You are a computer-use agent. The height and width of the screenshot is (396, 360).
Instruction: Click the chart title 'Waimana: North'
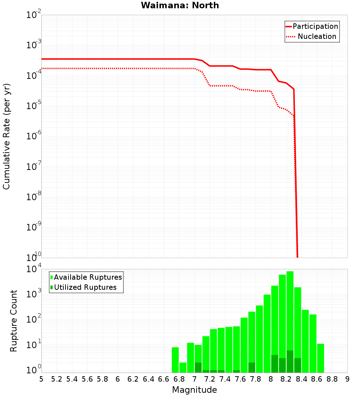click(180, 5)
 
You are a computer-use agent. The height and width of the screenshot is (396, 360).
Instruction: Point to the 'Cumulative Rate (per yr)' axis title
click(6, 136)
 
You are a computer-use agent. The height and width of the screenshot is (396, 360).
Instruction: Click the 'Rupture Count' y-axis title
click(14, 320)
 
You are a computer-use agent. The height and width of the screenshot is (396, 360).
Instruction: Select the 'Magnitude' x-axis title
click(194, 390)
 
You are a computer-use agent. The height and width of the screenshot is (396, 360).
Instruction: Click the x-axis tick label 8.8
click(332, 379)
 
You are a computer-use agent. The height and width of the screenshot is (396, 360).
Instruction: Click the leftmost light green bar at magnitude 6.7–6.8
click(175, 360)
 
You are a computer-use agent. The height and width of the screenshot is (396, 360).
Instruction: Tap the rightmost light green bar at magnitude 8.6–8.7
click(320, 358)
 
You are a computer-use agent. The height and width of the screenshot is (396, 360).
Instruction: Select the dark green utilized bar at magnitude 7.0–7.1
click(198, 368)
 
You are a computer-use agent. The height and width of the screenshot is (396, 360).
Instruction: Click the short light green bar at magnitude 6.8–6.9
click(183, 368)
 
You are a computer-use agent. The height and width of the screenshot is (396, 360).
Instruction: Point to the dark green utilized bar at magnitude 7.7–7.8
click(252, 368)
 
